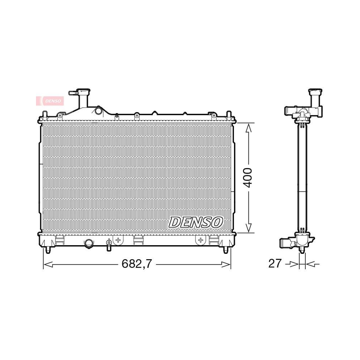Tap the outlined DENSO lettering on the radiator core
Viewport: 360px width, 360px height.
[x=196, y=222]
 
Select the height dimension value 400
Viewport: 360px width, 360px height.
[x=248, y=178]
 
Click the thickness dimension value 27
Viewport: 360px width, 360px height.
[x=275, y=264]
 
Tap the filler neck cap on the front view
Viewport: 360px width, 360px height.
[x=82, y=92]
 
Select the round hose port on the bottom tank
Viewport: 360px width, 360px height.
[x=88, y=244]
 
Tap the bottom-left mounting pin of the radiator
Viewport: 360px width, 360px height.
[x=48, y=250]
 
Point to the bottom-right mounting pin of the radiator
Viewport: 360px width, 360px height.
[x=225, y=250]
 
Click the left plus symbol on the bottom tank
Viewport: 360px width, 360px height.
[x=118, y=239]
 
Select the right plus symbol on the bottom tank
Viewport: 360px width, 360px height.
[x=200, y=239]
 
